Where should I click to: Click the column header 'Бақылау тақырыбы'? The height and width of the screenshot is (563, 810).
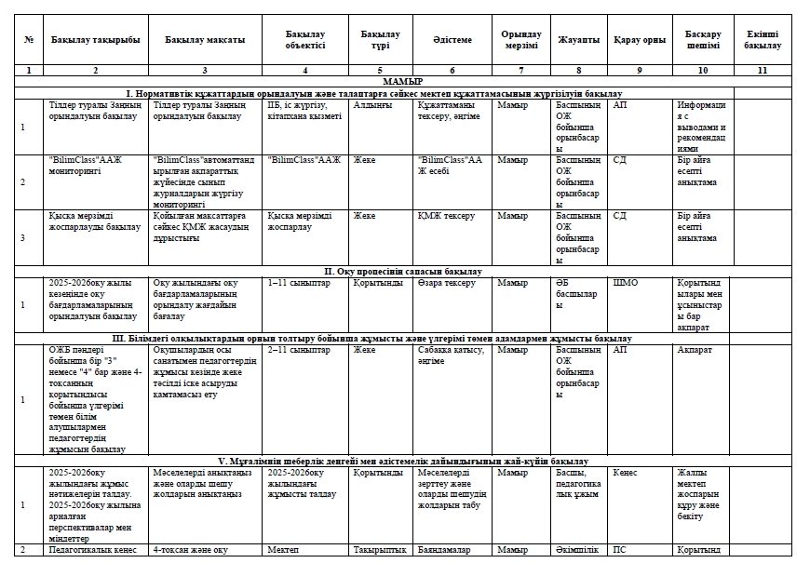coord(95,40)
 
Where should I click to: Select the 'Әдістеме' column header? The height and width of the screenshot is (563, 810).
coord(452,40)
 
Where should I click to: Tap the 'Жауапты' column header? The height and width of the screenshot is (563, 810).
coord(578,40)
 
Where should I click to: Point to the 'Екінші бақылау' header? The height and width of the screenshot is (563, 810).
coord(763,40)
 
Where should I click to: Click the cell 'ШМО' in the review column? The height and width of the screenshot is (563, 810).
coord(625,282)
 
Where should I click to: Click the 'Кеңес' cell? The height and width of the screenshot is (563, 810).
coord(625,472)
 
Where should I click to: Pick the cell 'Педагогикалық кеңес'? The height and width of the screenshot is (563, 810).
coord(91,551)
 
